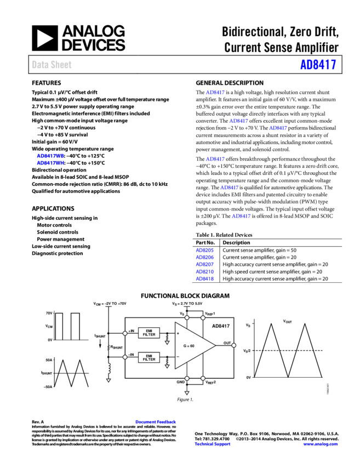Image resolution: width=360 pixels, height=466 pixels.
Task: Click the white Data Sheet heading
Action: coord(52,65)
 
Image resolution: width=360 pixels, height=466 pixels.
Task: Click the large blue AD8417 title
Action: coord(318,65)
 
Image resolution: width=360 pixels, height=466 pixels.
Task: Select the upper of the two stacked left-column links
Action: coord(50,156)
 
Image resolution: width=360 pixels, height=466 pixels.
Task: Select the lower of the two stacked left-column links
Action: coord(50,163)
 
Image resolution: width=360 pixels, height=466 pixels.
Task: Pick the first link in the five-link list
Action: coord(204,251)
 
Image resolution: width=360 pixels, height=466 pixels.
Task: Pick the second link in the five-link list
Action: coord(204,257)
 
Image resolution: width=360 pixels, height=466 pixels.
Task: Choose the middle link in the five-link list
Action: coord(204,264)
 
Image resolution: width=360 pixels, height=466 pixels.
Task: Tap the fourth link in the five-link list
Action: coord(204,271)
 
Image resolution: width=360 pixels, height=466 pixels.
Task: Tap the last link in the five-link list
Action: coord(204,279)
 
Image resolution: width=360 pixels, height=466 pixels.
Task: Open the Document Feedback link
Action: coord(156,422)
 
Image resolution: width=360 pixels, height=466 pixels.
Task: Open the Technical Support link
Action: coord(213,444)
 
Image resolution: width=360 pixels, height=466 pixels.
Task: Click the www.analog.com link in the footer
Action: coord(321,444)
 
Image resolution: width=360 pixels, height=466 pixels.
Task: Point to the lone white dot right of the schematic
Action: coord(233,345)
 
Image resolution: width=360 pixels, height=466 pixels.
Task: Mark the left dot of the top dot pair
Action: coord(187,317)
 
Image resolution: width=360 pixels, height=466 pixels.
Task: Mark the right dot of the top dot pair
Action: coord(203,317)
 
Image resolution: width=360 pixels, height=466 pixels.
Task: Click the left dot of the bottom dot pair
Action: coord(187,378)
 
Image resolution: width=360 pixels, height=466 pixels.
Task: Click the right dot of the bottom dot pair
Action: coord(203,378)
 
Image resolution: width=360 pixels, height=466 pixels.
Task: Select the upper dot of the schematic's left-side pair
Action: coord(125,333)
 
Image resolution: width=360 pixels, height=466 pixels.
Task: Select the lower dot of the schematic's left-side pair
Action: coord(125,357)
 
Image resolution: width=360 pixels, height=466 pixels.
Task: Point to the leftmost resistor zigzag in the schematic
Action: coord(108,347)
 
